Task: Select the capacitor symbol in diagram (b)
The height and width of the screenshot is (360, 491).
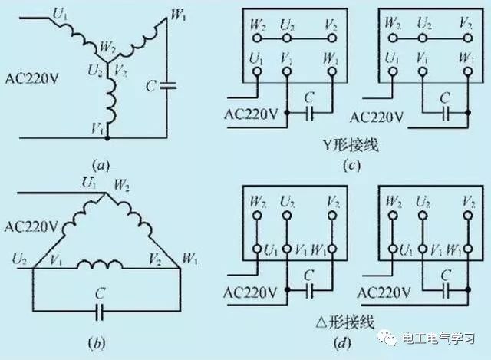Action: tap(103, 310)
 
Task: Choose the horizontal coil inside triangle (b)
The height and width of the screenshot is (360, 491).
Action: tap(103, 266)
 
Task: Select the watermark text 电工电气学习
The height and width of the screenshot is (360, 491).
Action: tap(446, 339)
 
